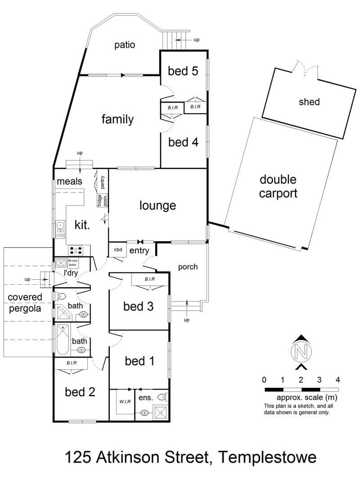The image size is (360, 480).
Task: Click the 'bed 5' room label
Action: (x=183, y=71)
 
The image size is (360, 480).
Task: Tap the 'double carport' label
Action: (x=278, y=186)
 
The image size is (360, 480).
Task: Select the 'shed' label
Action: (x=309, y=102)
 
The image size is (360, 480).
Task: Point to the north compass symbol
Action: (x=301, y=352)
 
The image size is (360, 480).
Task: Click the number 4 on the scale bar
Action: (x=337, y=380)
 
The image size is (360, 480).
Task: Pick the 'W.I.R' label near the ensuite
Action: (x=125, y=402)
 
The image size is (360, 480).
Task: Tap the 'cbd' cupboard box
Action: (x=118, y=250)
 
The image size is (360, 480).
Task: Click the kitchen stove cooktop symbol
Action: (x=76, y=251)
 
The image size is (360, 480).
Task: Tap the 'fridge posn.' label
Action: (x=102, y=200)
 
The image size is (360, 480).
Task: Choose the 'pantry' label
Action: (x=102, y=182)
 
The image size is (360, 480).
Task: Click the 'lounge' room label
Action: (x=157, y=206)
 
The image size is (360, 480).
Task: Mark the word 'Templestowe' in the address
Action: (x=268, y=458)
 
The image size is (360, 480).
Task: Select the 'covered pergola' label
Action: (x=25, y=303)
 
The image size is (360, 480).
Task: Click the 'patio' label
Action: (x=125, y=45)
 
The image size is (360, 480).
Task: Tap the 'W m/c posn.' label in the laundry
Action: (x=73, y=263)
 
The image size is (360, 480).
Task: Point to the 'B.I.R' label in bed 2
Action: (x=72, y=363)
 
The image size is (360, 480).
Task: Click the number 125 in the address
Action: (x=78, y=458)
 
